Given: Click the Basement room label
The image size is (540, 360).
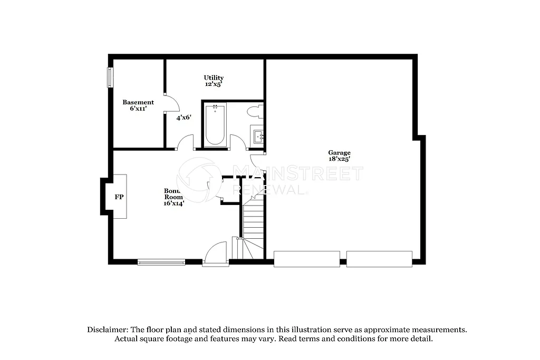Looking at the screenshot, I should (x=138, y=102).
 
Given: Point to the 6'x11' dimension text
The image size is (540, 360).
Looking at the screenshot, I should (x=138, y=109).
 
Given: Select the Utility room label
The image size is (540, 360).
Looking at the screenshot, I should (x=214, y=77).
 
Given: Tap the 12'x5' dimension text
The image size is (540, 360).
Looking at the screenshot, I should (x=214, y=84).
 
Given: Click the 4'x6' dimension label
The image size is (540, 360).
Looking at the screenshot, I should (x=184, y=118).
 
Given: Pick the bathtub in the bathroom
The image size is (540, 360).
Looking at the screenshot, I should (x=215, y=124).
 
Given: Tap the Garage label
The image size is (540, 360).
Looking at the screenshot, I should (x=339, y=152).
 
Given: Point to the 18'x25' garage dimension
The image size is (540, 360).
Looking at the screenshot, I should (x=339, y=159).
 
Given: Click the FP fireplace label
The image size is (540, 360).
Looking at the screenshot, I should (x=119, y=197).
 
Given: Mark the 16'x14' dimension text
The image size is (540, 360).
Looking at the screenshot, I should (x=173, y=203).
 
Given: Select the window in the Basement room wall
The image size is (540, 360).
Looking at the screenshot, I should (x=110, y=77).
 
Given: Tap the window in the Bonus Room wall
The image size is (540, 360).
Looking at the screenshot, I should (x=161, y=261).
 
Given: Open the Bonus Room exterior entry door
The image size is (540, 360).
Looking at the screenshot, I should (x=215, y=254).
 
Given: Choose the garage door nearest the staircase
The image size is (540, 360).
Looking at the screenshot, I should (x=306, y=259).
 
